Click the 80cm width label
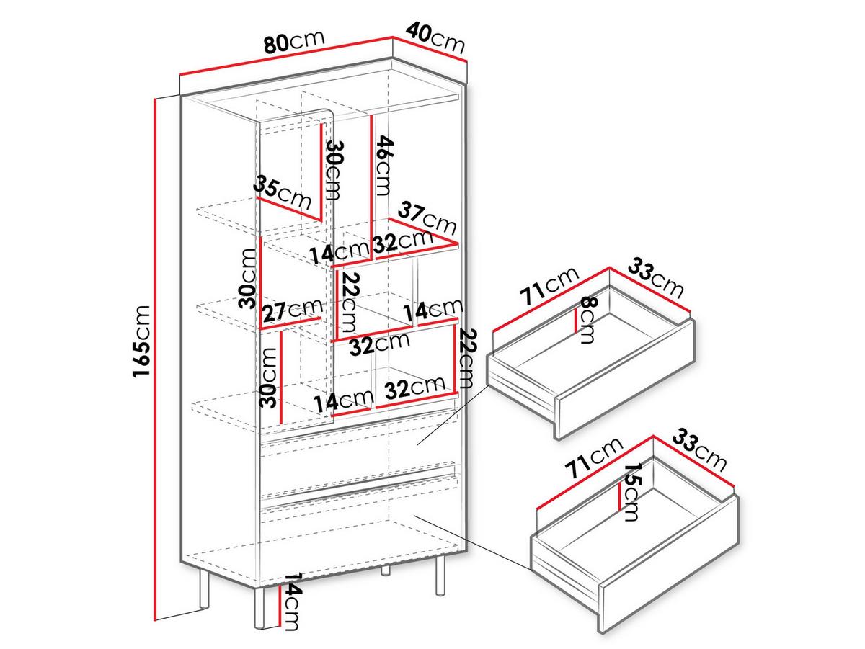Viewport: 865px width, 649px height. tap(295, 40)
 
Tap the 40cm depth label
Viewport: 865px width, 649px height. tap(435, 37)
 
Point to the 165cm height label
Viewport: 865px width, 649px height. tap(141, 341)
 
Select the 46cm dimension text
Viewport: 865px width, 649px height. tap(384, 166)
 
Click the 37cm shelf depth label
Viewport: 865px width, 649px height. tap(427, 218)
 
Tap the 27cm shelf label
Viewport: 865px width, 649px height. tap(293, 310)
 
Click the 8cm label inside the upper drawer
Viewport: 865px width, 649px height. tap(588, 319)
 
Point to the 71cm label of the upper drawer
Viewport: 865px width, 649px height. tap(549, 286)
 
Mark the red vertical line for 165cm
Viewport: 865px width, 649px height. tap(155, 359)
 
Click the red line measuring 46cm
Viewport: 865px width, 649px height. tap(371, 187)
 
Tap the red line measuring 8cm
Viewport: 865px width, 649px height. tap(577, 321)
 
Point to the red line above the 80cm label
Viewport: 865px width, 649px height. tap(286, 55)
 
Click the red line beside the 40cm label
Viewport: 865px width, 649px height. tap(430, 49)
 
